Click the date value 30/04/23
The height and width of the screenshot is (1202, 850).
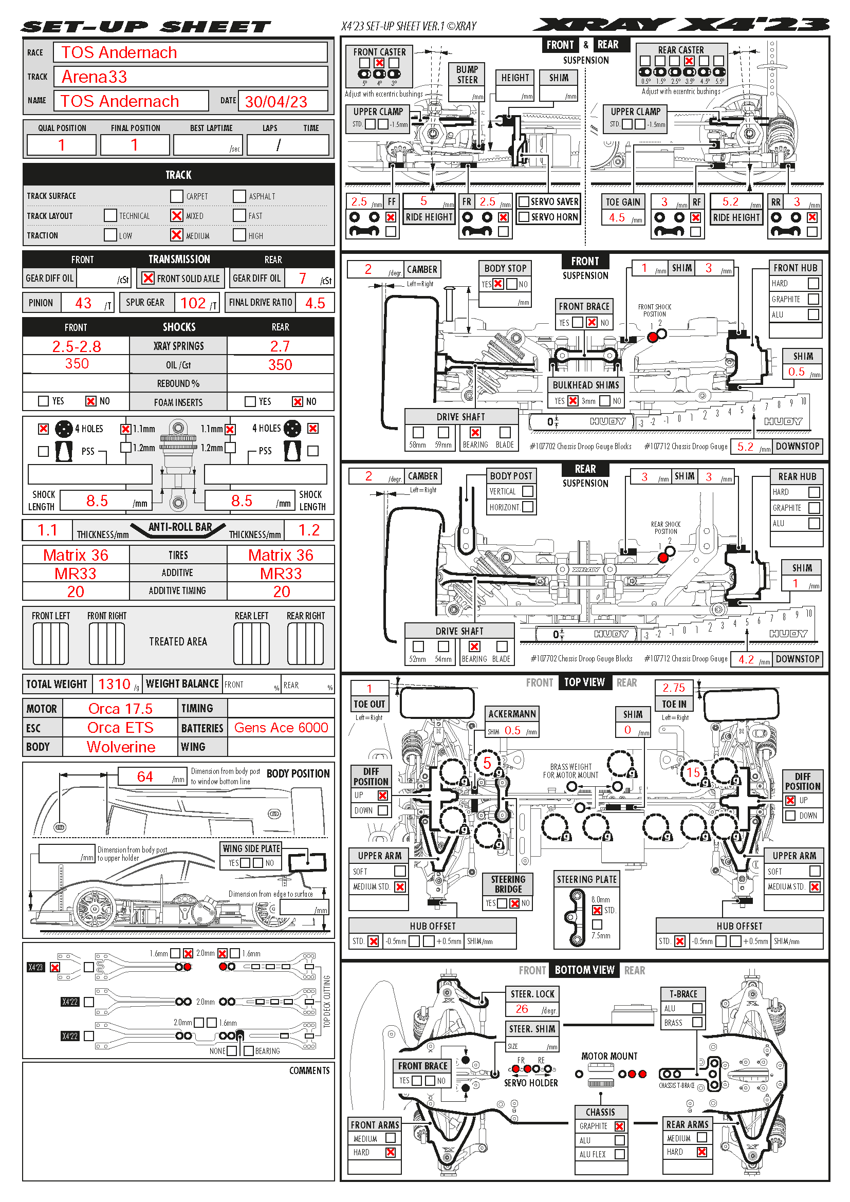coord(276,102)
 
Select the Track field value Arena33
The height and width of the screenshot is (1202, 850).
coord(94,77)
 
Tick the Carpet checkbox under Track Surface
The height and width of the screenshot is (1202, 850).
coord(176,196)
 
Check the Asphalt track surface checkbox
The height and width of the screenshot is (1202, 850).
coord(239,196)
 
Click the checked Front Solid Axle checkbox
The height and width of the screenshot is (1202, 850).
coord(148,278)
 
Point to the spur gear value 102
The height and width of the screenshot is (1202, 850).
coord(193,303)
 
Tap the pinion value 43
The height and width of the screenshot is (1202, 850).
coord(83,303)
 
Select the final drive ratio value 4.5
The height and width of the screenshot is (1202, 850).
coord(315,303)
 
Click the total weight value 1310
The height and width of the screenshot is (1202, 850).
coord(114,684)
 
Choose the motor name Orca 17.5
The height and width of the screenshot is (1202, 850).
coord(120,709)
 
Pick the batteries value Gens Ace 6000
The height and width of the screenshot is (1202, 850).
coord(281,728)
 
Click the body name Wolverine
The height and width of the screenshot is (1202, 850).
coord(121,747)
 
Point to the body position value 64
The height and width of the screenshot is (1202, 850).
coord(145,777)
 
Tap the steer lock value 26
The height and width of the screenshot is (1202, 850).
coord(522,1009)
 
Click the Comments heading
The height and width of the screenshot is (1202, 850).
coord(309,1070)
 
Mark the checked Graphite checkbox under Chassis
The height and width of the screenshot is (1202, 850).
coord(620,1126)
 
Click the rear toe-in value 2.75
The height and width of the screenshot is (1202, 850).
coord(674,688)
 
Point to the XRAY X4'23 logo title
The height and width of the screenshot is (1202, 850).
coord(680,25)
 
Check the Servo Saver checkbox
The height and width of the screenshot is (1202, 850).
coord(523,201)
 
